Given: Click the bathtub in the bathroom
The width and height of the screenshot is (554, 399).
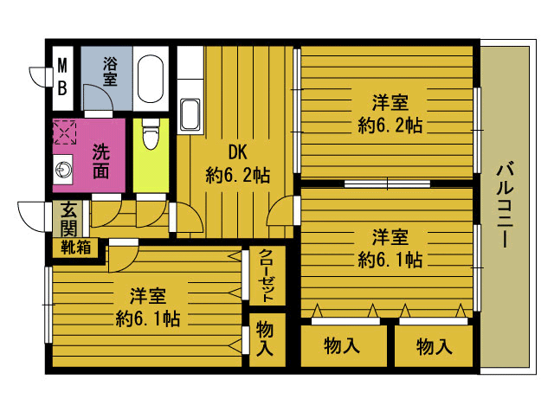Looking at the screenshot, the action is [x=151, y=79].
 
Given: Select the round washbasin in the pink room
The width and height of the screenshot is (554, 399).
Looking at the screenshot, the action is [x=63, y=170].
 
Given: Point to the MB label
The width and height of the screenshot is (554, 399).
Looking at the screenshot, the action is [x=62, y=77].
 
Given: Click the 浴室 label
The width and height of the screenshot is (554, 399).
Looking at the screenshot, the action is [x=110, y=72].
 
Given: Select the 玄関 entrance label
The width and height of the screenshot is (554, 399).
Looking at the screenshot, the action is [x=68, y=219].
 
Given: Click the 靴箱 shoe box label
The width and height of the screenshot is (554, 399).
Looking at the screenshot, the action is [x=75, y=247].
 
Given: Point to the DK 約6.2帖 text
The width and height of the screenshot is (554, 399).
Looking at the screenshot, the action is [x=237, y=164].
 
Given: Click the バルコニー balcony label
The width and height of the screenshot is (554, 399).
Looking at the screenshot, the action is [x=505, y=204].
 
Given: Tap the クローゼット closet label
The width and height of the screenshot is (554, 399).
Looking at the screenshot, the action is [x=267, y=275].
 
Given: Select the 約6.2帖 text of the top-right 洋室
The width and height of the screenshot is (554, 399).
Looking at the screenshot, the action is [x=390, y=125].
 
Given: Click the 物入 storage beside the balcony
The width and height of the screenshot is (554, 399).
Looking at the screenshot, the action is [x=435, y=346].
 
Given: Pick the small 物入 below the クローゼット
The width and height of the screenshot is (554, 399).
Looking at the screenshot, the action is [x=265, y=338].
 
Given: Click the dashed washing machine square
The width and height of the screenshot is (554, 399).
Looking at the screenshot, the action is [x=64, y=132].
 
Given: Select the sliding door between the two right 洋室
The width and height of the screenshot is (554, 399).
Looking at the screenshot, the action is [x=387, y=183].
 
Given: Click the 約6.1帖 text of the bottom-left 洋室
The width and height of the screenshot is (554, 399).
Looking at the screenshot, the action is [x=148, y=319].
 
